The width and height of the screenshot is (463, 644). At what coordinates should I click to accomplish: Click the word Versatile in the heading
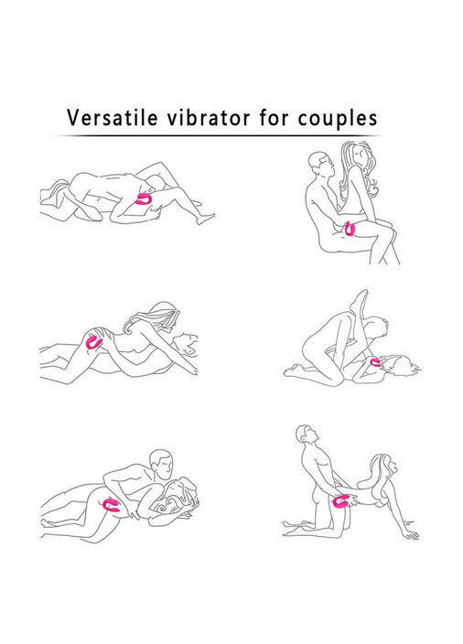(113, 118)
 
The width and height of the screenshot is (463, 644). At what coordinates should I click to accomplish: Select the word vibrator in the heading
(209, 118)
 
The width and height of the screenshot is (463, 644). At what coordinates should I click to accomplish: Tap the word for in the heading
(274, 118)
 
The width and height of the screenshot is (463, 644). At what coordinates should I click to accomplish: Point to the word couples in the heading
(338, 119)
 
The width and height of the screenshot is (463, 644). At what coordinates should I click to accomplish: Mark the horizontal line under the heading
(217, 135)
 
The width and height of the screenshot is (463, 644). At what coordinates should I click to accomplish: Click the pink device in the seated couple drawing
(350, 229)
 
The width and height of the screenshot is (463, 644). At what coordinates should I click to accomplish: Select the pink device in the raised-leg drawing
(375, 362)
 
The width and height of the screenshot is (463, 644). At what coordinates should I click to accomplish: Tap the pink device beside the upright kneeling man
(341, 501)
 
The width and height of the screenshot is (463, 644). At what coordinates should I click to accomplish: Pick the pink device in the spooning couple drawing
(111, 505)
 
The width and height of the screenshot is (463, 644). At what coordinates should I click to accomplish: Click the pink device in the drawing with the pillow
(145, 199)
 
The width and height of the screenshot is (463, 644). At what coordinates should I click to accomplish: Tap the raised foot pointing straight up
(361, 300)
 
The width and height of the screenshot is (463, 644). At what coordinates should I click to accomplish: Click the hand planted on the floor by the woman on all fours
(411, 534)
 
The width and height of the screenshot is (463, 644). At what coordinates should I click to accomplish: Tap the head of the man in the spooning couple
(161, 463)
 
